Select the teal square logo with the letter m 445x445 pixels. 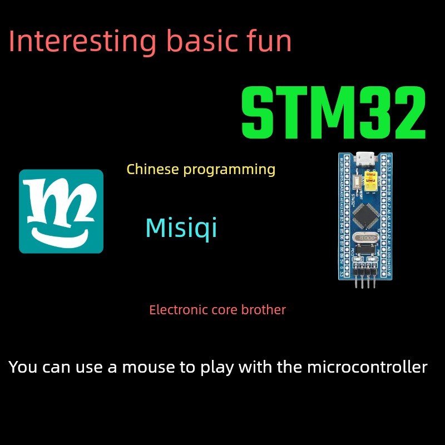point(61,211)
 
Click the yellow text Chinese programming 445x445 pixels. point(201,169)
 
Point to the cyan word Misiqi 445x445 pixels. point(181,229)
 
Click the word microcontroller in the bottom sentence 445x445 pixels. point(367,367)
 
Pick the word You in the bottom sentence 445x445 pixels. point(21,367)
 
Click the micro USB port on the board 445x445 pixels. point(365,160)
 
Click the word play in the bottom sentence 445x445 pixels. point(235,367)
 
